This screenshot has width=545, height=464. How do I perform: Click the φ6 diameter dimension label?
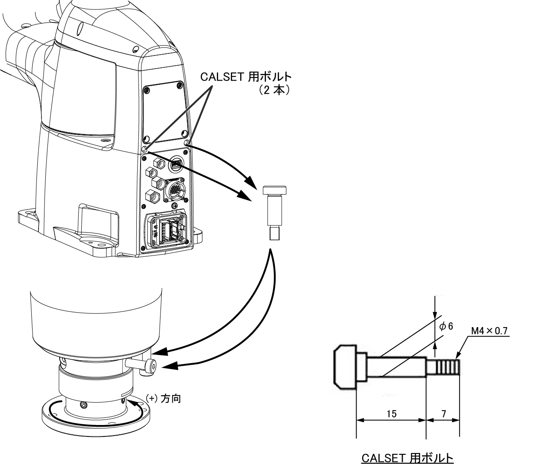446,326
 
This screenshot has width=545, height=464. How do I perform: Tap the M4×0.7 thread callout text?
489,331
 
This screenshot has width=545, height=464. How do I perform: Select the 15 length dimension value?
392,414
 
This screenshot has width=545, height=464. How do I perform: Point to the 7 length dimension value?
443,414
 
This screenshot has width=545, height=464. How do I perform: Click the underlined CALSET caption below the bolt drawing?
407,458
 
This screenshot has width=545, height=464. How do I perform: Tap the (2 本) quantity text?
274,91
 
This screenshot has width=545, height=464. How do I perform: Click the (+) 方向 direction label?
163,398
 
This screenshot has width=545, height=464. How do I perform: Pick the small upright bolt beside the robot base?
274,213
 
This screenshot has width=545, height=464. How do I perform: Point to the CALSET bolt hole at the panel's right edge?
187,143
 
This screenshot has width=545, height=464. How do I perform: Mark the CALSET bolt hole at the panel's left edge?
144,150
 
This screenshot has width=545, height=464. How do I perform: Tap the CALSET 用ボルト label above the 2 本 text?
246,77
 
